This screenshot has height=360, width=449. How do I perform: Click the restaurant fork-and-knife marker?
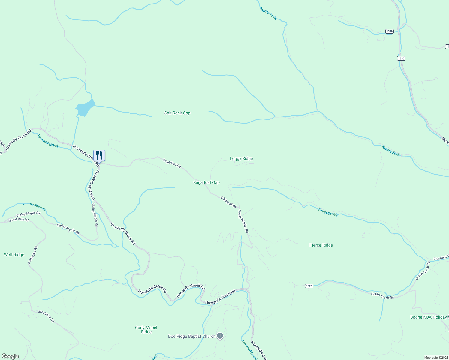pos(99,155)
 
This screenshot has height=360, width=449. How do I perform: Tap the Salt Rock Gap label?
pos(177,113)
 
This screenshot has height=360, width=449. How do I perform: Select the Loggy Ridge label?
pos(241,159)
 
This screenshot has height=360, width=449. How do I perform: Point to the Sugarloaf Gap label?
pos(206,183)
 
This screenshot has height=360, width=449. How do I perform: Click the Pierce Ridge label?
pos(321,245)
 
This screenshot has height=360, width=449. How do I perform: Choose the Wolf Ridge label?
pos(14,255)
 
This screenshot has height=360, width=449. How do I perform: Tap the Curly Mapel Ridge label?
pos(146,330)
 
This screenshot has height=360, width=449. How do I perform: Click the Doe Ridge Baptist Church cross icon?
pos(220,336)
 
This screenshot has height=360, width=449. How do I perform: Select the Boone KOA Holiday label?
pos(429,317)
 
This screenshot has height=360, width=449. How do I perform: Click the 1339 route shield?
pos(390,31)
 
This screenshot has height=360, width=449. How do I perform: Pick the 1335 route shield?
pos(401,58)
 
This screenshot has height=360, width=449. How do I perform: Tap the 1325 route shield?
pos(309,286)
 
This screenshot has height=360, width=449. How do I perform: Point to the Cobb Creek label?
pos(328,212)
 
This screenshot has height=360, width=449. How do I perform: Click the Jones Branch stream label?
pos(35,206)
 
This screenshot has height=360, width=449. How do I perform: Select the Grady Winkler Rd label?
pos(243,221)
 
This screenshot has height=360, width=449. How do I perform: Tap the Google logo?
pos(10,356)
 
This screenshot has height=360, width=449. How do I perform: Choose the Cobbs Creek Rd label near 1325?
pos(382,296)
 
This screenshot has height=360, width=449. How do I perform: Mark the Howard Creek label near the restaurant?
pos(48,141)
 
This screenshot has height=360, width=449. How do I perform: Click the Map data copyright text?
pos(436,358)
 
